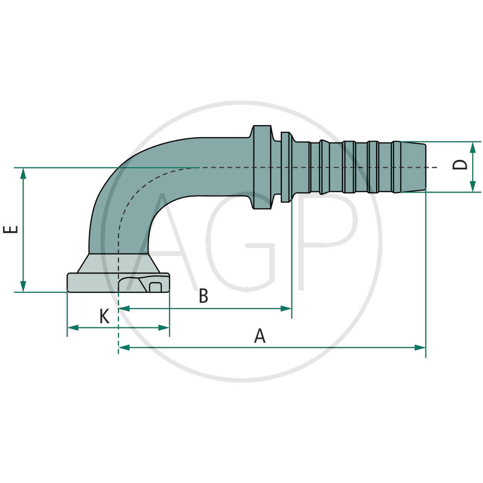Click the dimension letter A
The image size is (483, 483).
tap(260, 336)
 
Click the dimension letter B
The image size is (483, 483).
tap(203, 296)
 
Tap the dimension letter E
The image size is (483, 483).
tap(11, 229)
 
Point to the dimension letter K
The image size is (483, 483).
tap(104, 316)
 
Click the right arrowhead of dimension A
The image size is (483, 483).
tap(421, 347)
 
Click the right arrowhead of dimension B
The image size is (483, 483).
tap(287, 309)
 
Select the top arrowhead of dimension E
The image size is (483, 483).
tap(24, 173)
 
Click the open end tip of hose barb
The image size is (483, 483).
tap(421, 167)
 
